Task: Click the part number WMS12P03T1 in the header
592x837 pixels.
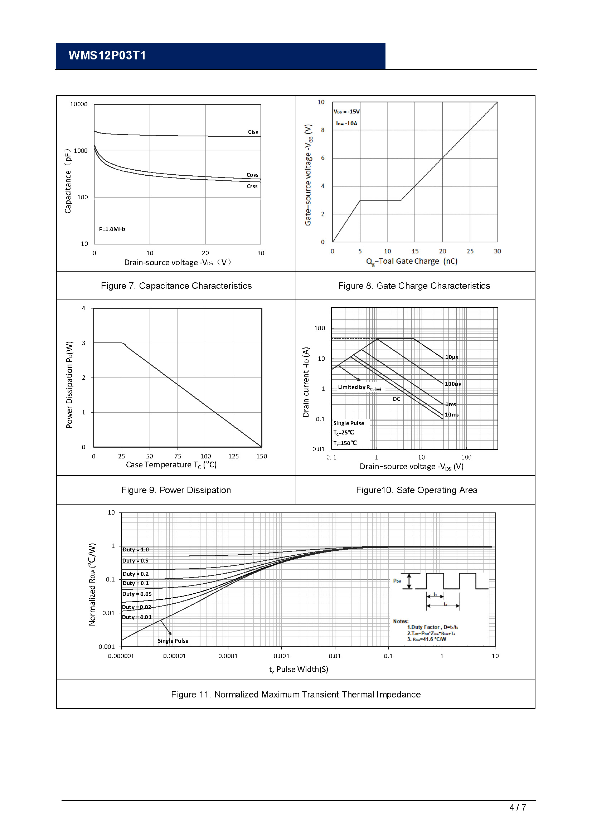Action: (107, 55)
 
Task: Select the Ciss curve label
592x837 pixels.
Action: (253, 132)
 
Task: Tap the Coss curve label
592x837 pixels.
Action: (252, 175)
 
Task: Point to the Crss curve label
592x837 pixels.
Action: (252, 186)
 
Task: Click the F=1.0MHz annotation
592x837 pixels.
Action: (112, 229)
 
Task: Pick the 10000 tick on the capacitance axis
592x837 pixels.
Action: (79, 104)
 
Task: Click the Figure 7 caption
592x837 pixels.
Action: (176, 286)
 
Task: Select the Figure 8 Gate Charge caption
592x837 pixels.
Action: (414, 286)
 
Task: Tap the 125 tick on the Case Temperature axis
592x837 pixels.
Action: (233, 456)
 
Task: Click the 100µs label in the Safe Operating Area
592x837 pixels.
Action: (453, 384)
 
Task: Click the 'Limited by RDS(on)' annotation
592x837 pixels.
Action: (359, 388)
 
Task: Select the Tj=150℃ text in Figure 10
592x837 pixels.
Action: (345, 443)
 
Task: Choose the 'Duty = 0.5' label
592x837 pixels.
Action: (135, 561)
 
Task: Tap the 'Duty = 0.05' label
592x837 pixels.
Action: (137, 594)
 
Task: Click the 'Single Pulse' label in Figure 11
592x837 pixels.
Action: (173, 641)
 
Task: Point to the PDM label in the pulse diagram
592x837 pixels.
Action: (397, 581)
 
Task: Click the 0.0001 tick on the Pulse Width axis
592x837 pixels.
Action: (228, 656)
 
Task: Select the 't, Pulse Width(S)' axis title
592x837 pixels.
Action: (299, 669)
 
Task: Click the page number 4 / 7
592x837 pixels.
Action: (517, 807)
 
